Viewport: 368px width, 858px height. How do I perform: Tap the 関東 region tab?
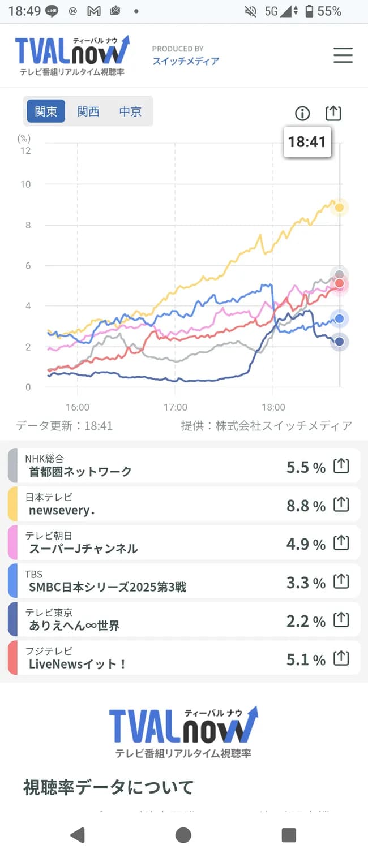point(46,111)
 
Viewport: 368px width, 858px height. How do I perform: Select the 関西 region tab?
point(88,111)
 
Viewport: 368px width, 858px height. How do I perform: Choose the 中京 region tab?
point(130,111)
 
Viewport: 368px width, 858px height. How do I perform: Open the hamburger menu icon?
point(343,55)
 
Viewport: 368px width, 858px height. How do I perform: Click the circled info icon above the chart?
point(302,114)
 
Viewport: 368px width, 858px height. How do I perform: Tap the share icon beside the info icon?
point(333,113)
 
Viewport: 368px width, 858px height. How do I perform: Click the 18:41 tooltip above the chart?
point(307,141)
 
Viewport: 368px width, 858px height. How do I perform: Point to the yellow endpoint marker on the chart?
point(339,208)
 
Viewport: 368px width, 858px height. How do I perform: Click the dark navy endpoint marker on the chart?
point(339,342)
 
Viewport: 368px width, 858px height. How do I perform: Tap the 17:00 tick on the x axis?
point(176,407)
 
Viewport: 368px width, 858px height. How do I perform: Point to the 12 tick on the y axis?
point(25,150)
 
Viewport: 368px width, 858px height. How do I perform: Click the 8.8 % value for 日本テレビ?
point(306,506)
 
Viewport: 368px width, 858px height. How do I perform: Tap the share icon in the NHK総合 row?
point(341,466)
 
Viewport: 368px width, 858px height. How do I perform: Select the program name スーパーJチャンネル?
point(83,549)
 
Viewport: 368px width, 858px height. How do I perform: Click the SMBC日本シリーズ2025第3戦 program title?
point(108,587)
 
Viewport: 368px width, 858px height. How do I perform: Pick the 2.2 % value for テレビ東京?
point(306,622)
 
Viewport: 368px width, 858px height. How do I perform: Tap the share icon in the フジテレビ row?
point(341,658)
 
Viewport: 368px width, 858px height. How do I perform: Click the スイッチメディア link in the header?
point(186,61)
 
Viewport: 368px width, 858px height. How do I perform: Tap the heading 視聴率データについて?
point(108,787)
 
